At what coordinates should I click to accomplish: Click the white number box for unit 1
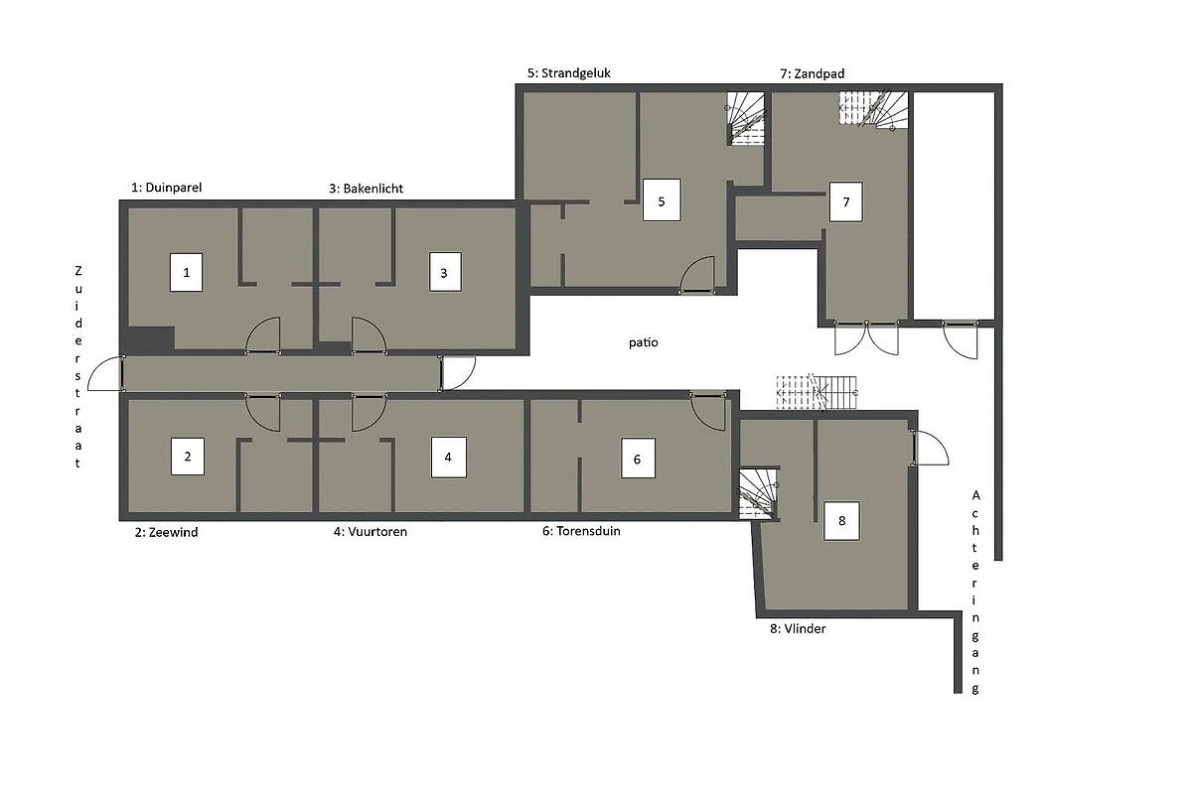(x=187, y=272)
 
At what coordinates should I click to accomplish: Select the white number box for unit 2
(x=188, y=457)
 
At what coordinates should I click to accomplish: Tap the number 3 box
(x=445, y=272)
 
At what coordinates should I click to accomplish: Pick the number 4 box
(x=449, y=458)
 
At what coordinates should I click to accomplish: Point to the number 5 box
(x=662, y=199)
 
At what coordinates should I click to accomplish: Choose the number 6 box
(x=638, y=458)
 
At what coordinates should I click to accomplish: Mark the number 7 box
(x=846, y=202)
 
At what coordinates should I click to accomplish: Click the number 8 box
(x=841, y=521)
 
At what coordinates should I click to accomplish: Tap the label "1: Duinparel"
(x=167, y=188)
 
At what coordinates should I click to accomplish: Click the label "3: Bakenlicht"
(x=367, y=189)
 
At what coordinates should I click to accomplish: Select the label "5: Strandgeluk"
(x=569, y=72)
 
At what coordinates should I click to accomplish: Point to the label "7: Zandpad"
(x=813, y=73)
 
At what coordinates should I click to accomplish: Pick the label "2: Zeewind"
(x=166, y=532)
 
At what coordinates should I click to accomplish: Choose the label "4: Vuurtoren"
(x=371, y=531)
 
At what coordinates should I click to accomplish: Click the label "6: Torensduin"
(x=581, y=531)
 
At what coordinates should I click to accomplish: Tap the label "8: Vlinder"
(x=798, y=628)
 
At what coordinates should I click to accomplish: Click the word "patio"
(x=644, y=342)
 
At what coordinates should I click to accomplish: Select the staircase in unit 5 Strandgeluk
(x=746, y=118)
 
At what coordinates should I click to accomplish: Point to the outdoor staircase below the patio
(x=817, y=392)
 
